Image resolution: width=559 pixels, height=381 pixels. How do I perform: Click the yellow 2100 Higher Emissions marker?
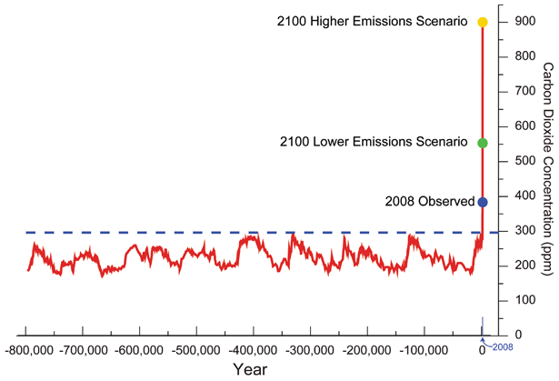[x=483, y=22]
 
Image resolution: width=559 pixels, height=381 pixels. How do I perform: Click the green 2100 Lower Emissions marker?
[x=483, y=143]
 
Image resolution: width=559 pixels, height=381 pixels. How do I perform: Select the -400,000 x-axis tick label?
[x=252, y=350]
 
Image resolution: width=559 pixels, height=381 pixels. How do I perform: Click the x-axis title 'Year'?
[x=249, y=370]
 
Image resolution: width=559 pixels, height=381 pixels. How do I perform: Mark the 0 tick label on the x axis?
[x=481, y=350]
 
